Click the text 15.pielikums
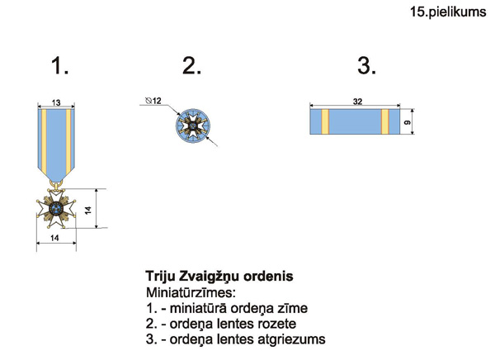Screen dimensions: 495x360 (x=448, y=12)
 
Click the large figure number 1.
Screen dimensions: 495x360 (x=59, y=66)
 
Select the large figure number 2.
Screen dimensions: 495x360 (x=191, y=66)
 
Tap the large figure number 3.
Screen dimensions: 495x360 (x=366, y=66)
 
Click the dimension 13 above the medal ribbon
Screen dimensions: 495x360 (x=56, y=102)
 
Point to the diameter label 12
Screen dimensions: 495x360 (x=153, y=101)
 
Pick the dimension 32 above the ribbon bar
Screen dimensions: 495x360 (x=357, y=101)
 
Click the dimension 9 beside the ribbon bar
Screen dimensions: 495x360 (x=408, y=121)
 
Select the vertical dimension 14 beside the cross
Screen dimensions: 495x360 (x=88, y=211)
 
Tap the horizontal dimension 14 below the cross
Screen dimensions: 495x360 (x=54, y=238)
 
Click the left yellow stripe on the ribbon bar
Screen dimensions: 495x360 (x=325, y=121)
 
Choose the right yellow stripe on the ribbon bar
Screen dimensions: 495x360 (x=384, y=121)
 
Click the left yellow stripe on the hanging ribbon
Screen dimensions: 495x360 (x=44, y=141)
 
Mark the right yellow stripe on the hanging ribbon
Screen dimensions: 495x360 (x=68, y=141)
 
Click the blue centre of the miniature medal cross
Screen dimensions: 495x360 (x=56, y=208)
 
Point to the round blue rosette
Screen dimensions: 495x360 (x=193, y=126)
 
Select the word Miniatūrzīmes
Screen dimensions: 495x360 (x=191, y=292)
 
